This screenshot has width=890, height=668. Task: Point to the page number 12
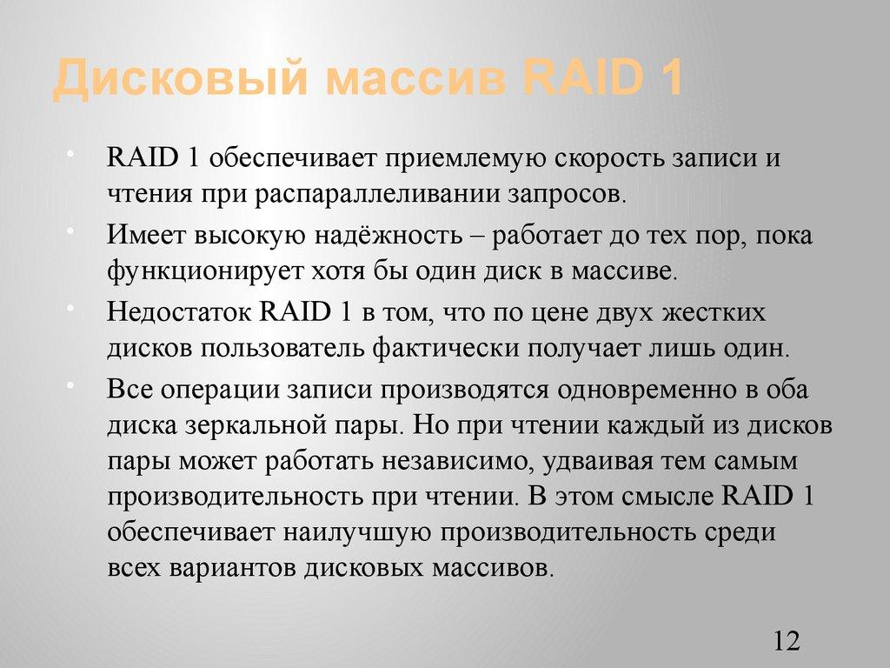point(785,642)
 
